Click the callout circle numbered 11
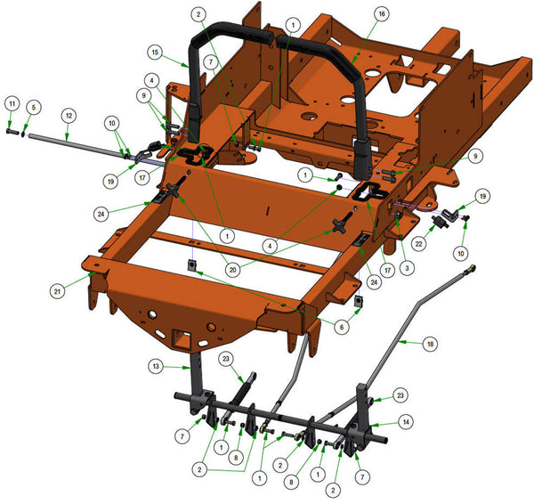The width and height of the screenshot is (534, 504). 12,103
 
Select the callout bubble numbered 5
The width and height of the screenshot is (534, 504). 34,108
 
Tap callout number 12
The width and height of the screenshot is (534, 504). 69,116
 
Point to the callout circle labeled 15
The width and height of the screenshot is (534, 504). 155,53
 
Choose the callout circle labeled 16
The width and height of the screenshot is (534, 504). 382,14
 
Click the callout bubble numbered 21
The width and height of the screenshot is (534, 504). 57,291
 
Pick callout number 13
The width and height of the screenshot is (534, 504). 156,366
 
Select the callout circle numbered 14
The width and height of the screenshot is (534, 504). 406,422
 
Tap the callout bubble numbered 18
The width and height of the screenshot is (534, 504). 430,344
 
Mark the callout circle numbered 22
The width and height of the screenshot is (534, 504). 418,244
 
